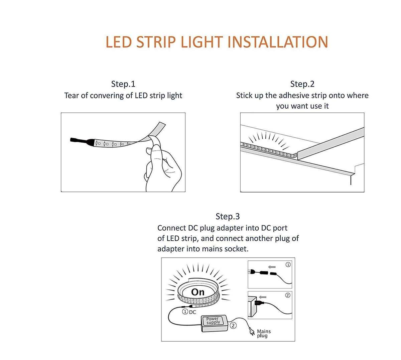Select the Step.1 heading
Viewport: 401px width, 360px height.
tap(123, 84)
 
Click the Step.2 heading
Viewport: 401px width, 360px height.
tap(302, 84)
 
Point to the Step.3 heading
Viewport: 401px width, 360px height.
tap(228, 216)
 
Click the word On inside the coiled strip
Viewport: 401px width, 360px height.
tap(197, 292)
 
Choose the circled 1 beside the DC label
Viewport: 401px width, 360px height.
tap(185, 312)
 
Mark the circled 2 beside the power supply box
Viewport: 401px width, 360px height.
tap(233, 325)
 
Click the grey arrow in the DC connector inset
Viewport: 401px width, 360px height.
tap(273, 267)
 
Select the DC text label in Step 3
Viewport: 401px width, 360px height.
tap(192, 312)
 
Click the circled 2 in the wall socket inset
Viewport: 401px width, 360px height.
tap(288, 295)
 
